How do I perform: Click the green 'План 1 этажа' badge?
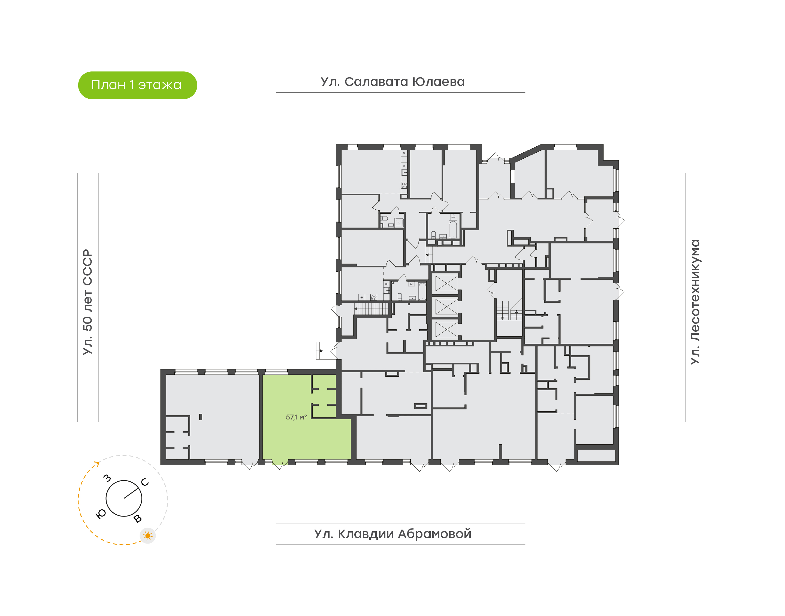tap(137, 85)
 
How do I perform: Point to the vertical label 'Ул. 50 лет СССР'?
tap(87, 302)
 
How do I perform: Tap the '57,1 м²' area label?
tap(296, 417)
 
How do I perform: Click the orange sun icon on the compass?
tap(147, 536)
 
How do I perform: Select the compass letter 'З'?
tap(107, 479)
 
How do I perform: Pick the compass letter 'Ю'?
tap(101, 514)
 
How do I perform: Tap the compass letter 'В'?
tap(137, 519)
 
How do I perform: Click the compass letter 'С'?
tap(145, 482)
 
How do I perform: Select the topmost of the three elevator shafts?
tap(446, 283)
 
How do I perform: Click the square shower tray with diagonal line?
tap(399, 222)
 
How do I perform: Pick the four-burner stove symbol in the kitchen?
tap(404, 185)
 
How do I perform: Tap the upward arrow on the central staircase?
tap(516, 312)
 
